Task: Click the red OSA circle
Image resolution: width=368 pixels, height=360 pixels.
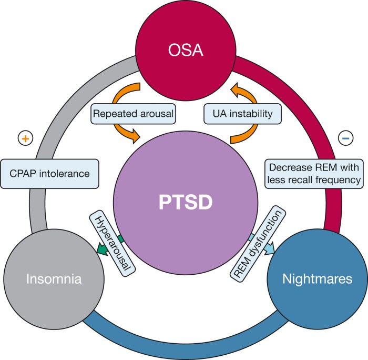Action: click(184, 48)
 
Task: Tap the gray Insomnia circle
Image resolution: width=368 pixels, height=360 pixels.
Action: click(48, 278)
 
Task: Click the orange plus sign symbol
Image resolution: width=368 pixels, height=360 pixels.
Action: click(24, 138)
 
